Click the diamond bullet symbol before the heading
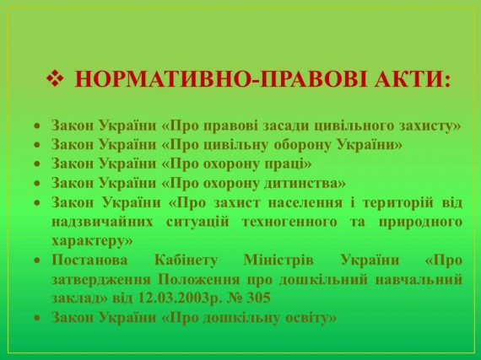point(55,78)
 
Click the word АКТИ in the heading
point(412,79)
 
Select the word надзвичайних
point(102,222)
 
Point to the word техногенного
point(289,222)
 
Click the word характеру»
point(92,241)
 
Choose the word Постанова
point(89,261)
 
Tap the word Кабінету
point(186,261)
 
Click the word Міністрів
point(278,261)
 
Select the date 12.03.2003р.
point(180,298)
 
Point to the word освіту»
point(311,317)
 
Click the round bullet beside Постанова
point(37,261)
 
